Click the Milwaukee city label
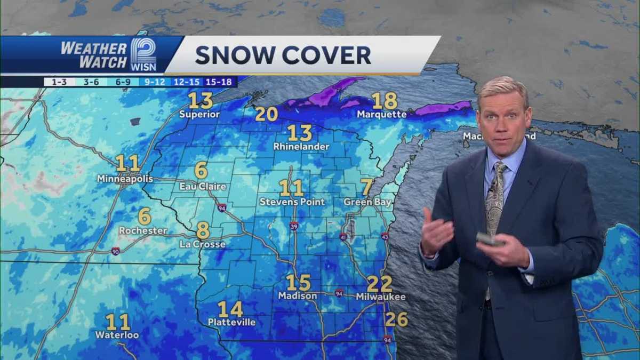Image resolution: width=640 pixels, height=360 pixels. coord(381,297)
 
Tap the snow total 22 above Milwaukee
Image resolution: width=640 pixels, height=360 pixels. coord(379,284)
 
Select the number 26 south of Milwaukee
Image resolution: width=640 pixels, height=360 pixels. coord(396,319)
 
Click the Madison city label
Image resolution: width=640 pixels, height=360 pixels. coord(297,295)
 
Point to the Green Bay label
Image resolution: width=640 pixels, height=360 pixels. coord(367,202)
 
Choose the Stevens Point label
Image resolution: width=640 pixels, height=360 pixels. coord(292,202)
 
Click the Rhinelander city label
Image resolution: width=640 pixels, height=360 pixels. coord(301,146)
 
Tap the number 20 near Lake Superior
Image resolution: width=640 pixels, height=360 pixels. coord(266,114)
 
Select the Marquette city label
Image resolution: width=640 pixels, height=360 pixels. coord(381,114)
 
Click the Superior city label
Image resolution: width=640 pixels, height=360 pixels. coord(199,114)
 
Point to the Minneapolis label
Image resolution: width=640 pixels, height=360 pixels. coord(125,179)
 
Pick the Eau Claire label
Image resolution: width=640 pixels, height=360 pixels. coord(203,187)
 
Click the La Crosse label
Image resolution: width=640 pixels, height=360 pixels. coord(203,244)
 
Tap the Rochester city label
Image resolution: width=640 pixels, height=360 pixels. coord(143,230)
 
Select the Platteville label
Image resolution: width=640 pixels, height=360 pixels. coord(231,322)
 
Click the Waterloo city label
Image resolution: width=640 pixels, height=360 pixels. coord(117,335)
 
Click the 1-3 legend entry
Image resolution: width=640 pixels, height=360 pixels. coord(55,82)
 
